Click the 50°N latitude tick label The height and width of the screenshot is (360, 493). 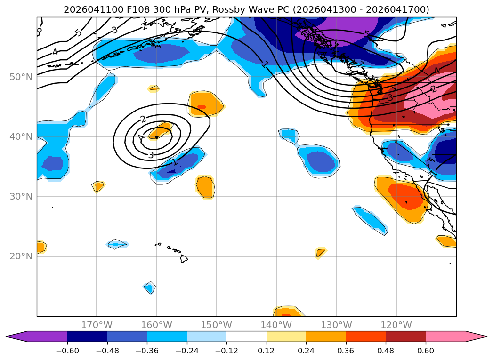pos(21,77)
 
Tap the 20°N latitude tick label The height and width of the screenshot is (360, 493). pos(21,256)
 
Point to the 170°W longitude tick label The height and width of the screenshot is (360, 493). pos(97,325)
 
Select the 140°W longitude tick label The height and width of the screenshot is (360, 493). pos(276,325)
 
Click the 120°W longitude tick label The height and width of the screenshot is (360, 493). pos(396,325)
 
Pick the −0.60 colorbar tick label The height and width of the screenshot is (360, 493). pos(67,351)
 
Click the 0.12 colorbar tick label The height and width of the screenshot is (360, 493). pos(267,351)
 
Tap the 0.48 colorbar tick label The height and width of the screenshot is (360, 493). pos(386,351)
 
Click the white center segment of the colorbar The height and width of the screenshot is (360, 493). pos(247,336)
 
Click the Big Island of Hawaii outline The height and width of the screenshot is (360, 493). pos(184,259)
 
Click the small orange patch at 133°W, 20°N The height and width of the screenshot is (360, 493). pos(320,253)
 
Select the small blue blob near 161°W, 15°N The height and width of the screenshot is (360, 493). pos(150,288)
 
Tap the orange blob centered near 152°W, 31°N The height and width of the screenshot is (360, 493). pos(205,187)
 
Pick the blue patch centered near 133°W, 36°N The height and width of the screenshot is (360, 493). pos(318,161)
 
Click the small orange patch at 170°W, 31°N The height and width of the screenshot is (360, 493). pos(98,186)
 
